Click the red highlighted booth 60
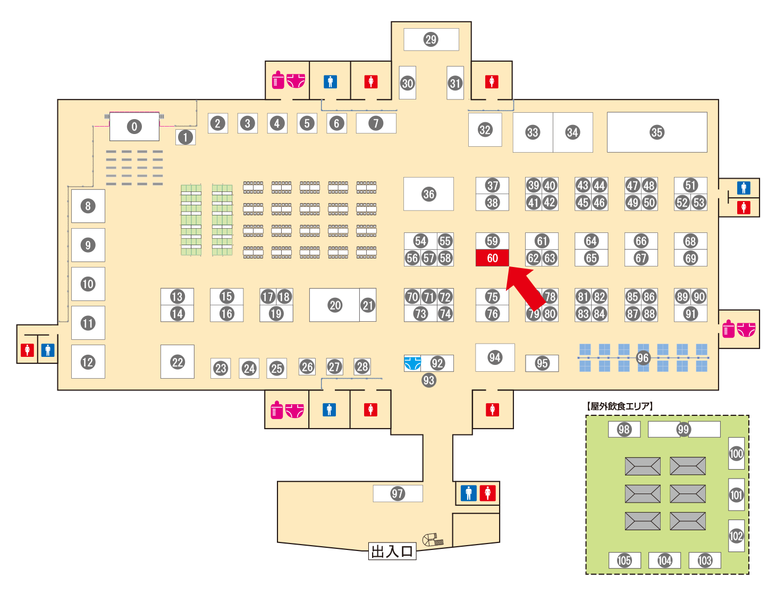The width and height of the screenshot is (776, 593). [x=492, y=258]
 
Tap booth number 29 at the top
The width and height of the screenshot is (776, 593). [x=431, y=39]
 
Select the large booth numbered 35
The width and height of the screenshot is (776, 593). [x=657, y=132]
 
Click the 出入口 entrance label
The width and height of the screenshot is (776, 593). [x=392, y=552]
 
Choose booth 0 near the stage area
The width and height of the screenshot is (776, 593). [x=134, y=126]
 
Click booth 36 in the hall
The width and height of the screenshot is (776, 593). [x=428, y=194]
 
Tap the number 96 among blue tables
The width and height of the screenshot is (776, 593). [x=643, y=358]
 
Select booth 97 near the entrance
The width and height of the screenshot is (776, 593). [x=398, y=494]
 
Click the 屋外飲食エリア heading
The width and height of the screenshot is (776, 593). [x=619, y=406]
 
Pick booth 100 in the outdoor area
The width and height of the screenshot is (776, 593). [x=736, y=453]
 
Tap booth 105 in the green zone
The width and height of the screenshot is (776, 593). [x=625, y=560]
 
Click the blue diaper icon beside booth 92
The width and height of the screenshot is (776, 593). [x=412, y=363]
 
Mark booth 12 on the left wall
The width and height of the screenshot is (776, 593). [x=88, y=362]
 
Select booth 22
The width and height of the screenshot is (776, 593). [x=177, y=362]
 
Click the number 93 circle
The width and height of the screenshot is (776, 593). [x=428, y=380]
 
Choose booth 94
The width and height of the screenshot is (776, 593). [x=495, y=357]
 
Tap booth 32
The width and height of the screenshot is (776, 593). [x=485, y=129]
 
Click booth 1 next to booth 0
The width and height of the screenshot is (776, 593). [x=185, y=137]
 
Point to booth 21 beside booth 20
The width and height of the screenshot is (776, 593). [x=368, y=305]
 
